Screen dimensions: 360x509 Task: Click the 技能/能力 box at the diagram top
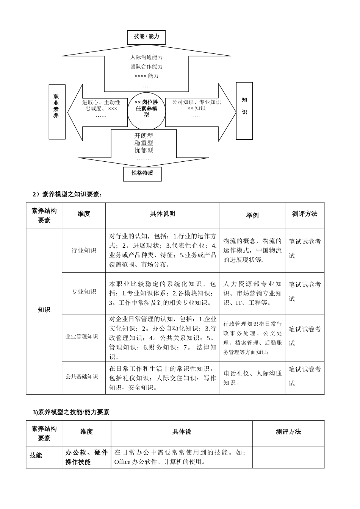(146, 37)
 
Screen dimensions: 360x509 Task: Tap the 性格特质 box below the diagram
(142, 173)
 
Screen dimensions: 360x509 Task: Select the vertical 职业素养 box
(56, 112)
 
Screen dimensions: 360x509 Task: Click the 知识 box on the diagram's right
(244, 111)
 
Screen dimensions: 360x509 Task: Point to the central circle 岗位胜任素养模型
(146, 108)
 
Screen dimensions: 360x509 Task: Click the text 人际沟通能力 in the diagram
(146, 57)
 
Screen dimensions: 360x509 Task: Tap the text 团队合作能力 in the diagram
(146, 66)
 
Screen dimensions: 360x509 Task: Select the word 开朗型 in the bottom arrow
(144, 136)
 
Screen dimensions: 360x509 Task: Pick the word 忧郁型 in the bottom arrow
(144, 150)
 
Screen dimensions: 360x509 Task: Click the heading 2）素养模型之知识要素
(67, 194)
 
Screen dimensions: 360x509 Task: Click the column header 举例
(252, 215)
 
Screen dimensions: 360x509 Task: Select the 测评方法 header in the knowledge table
(305, 214)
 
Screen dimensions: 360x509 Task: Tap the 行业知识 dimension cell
(84, 250)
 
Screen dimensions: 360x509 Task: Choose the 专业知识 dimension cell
(84, 292)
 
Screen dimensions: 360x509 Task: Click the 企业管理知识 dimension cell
(82, 336)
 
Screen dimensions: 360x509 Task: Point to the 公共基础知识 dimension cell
(82, 377)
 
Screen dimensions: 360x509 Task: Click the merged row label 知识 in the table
(44, 310)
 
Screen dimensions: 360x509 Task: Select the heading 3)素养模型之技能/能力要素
(71, 412)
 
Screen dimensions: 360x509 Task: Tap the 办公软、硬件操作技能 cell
(86, 457)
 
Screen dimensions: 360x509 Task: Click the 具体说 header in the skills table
(182, 432)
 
